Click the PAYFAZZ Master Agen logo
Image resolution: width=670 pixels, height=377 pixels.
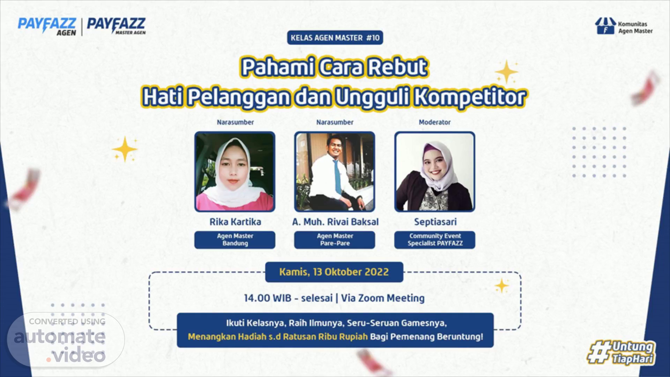[x=116, y=26]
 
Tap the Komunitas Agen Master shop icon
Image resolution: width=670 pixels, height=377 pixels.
[x=605, y=26]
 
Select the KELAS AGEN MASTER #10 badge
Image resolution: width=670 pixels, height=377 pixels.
[x=335, y=38]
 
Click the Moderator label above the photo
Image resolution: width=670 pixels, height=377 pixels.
[x=435, y=122]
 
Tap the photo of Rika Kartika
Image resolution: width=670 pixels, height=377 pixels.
[x=235, y=172]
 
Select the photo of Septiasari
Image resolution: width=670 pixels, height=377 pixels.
[x=435, y=172]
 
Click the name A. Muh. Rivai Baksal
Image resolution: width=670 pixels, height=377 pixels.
[x=335, y=222]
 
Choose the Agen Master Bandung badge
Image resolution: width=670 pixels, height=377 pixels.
[x=235, y=240]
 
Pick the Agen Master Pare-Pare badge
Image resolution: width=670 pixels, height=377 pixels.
[x=335, y=240]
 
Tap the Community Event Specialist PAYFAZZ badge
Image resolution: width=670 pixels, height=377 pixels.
[x=435, y=240]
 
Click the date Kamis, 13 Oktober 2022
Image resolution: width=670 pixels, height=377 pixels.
[x=334, y=272]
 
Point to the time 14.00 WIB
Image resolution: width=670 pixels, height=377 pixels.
[x=267, y=298]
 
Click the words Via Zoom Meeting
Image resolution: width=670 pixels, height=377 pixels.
[x=383, y=298]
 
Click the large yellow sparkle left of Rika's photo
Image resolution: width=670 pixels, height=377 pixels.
[x=125, y=149]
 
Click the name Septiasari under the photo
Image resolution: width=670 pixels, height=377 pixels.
[x=435, y=222]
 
